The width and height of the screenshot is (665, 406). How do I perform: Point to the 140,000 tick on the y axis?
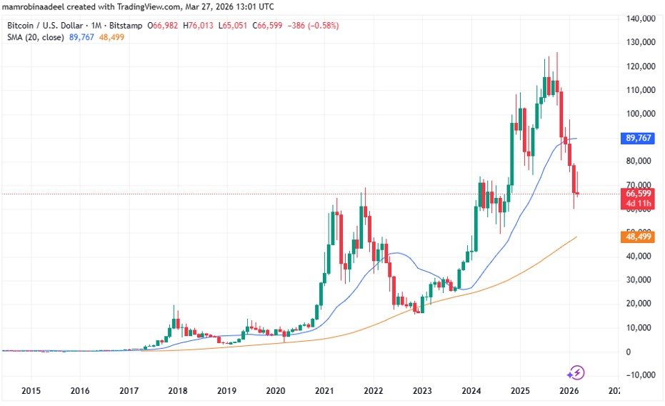(x=640, y=19)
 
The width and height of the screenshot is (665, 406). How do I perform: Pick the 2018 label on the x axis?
(x=177, y=391)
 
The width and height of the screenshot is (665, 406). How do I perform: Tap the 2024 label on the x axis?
(x=470, y=391)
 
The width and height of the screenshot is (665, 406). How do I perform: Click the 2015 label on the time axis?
(x=31, y=391)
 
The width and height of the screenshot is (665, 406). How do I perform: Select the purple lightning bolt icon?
(x=576, y=372)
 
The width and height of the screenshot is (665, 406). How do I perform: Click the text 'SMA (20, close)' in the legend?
(x=33, y=37)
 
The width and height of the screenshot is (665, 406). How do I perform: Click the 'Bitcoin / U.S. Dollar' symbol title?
(x=43, y=26)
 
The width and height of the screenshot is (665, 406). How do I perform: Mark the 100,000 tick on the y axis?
(x=640, y=114)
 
